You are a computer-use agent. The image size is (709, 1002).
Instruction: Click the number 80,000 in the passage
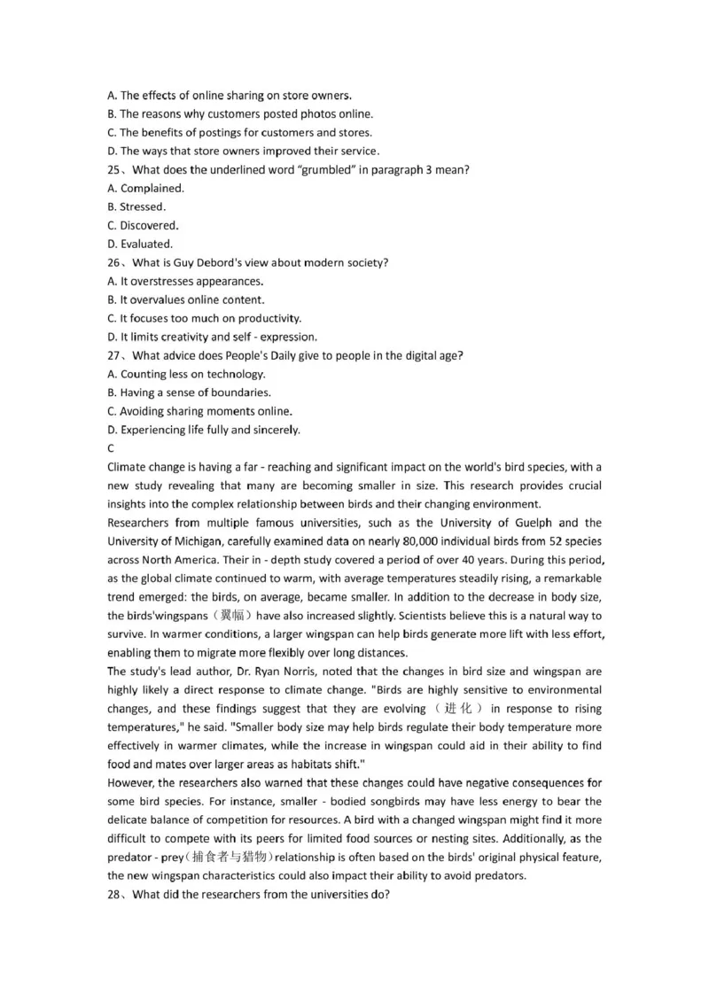[413, 541]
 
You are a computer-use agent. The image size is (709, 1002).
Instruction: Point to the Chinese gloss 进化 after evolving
[459, 708]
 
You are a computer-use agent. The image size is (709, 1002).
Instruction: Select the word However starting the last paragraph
[130, 782]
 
